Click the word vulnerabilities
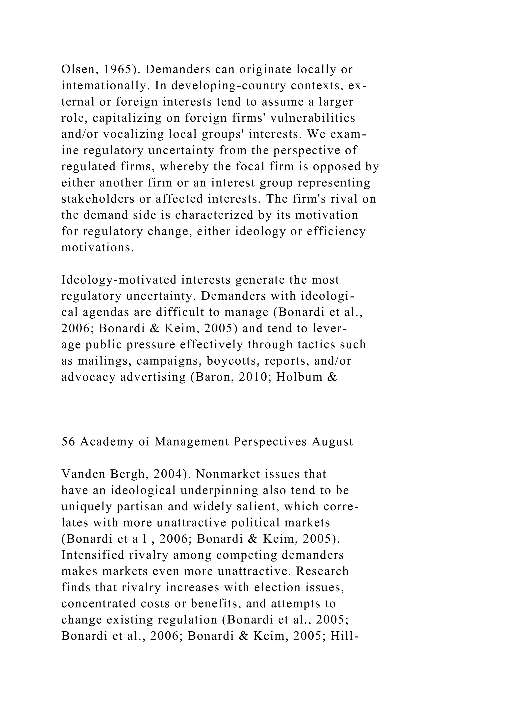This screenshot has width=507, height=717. pyautogui.click(x=312, y=118)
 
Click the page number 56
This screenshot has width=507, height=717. pyautogui.click(x=68, y=442)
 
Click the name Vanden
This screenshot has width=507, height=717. pyautogui.click(x=83, y=474)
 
